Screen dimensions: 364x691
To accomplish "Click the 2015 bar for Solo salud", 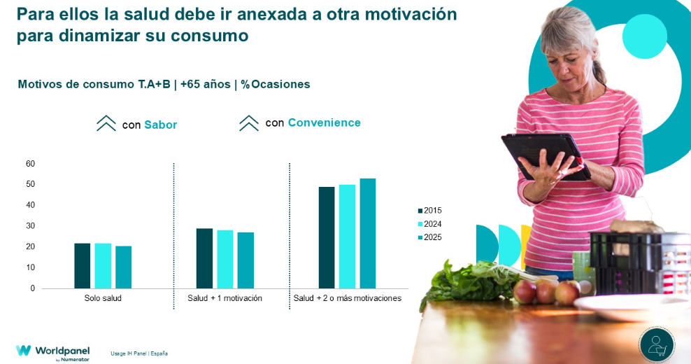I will (83, 266).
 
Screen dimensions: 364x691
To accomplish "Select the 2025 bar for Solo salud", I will (123, 267).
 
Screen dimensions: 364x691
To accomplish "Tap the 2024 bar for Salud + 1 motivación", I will (225, 259).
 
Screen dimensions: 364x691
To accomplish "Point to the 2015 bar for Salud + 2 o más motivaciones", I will (327, 237).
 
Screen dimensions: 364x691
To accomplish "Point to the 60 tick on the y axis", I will (30, 164).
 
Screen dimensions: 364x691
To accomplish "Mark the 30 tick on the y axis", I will (30, 226).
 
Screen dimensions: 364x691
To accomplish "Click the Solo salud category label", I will (103, 298).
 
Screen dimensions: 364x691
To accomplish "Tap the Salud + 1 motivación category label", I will (225, 298).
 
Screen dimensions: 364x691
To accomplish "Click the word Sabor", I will (160, 125).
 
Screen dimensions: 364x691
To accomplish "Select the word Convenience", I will (324, 123).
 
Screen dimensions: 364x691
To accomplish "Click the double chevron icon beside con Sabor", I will (106, 124).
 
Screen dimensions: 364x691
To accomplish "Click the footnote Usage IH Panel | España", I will (138, 353).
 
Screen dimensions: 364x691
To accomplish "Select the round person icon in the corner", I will (657, 344).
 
